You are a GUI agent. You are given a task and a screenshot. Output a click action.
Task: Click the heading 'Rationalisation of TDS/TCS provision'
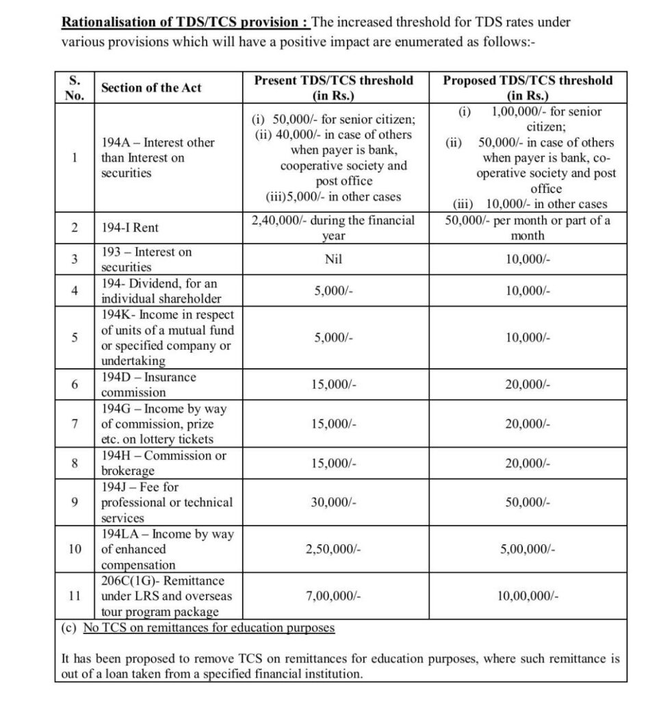tap(185, 22)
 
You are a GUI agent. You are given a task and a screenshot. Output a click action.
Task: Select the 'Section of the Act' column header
tap(151, 88)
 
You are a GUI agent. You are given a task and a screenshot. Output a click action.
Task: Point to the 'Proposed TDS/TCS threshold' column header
tap(528, 88)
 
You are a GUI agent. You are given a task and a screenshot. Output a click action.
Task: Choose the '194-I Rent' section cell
tap(130, 228)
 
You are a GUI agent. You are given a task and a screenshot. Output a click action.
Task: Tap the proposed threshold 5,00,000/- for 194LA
tap(528, 549)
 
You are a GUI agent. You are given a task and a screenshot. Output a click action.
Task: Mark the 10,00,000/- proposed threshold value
tap(528, 596)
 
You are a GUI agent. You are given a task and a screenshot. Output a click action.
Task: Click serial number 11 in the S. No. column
tap(75, 596)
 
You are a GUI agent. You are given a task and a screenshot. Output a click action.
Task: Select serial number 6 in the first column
tap(75, 385)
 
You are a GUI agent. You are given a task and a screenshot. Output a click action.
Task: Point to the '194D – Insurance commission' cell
tap(148, 385)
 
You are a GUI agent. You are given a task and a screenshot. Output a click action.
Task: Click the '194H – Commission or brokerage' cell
tap(164, 463)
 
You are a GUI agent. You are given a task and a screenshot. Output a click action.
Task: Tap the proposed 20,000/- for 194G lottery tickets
tap(528, 424)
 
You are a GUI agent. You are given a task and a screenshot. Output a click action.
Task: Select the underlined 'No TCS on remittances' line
tap(209, 628)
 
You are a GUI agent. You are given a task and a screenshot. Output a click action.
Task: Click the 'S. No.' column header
tap(74, 88)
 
